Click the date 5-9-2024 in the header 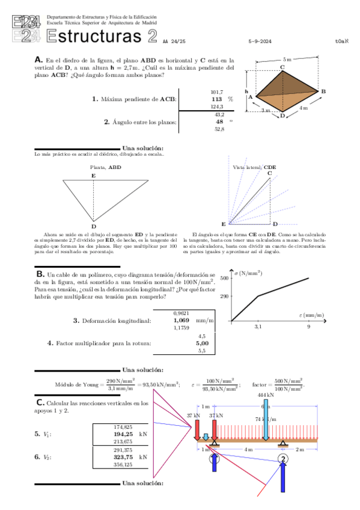260,41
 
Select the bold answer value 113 217,99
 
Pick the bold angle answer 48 219,121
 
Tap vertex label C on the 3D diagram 281,67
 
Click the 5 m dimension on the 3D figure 287,60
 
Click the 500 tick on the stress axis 224,278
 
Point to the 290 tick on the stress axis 224,296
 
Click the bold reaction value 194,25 123,433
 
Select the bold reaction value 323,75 123,456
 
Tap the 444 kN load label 266,395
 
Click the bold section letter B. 40,274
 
